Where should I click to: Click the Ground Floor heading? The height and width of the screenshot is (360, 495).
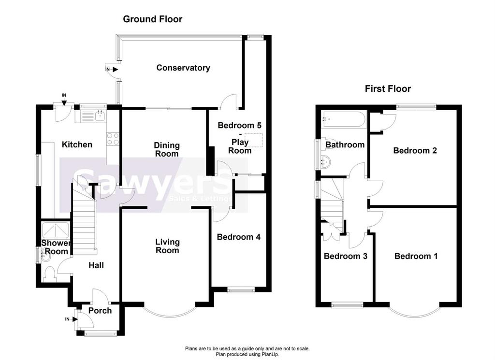(152, 19)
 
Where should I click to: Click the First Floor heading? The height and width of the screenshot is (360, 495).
(388, 88)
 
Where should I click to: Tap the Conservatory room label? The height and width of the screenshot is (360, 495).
(183, 68)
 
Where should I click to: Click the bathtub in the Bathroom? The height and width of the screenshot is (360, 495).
(343, 119)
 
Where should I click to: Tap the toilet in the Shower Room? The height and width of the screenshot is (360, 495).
(50, 274)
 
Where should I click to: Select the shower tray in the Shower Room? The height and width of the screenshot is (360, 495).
(56, 230)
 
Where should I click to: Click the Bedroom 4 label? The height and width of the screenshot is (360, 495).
(239, 237)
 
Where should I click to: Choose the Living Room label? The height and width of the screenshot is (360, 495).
(167, 246)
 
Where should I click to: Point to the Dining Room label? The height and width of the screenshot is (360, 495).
(167, 149)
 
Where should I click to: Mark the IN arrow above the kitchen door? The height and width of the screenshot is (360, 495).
(64, 99)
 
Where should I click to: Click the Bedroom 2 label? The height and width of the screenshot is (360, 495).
(415, 150)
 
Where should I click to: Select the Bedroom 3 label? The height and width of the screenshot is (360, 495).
(345, 256)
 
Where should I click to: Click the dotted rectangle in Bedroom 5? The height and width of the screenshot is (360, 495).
(253, 140)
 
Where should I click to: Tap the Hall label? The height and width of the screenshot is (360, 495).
(96, 265)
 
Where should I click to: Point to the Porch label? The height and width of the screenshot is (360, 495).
(100, 311)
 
